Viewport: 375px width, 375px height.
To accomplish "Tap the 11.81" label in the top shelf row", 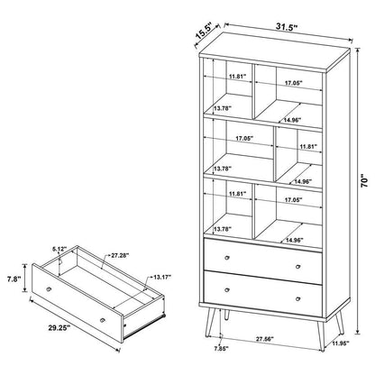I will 237,77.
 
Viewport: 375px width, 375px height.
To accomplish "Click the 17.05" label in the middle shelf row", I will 242,139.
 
